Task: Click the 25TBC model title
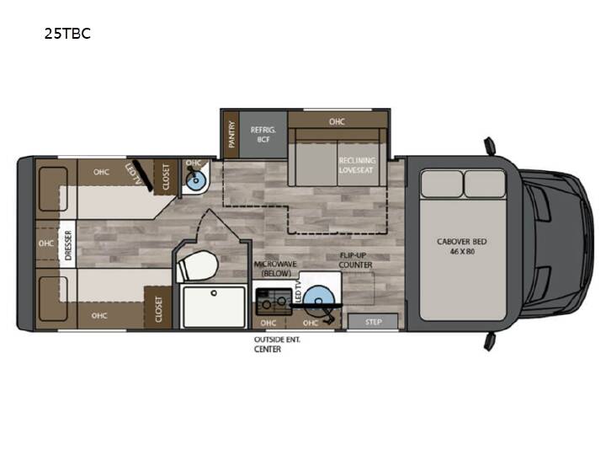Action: coord(67,34)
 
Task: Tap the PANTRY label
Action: coord(231,134)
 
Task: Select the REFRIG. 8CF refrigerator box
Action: coord(263,135)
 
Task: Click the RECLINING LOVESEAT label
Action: coord(357,165)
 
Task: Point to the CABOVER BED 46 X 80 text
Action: coord(462,246)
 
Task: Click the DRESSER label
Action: coord(68,245)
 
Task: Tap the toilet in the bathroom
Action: coord(197,265)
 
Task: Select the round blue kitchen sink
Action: coord(318,301)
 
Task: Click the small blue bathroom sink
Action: coord(195,179)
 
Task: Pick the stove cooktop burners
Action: coord(274,302)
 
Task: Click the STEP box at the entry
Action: coord(373,322)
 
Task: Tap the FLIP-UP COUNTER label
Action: coord(355,260)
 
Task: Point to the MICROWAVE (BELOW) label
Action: coord(275,269)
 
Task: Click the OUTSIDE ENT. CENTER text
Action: coord(277,345)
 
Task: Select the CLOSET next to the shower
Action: coord(157,308)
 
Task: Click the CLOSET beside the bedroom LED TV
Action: coord(166,177)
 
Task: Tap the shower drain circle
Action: coord(214,293)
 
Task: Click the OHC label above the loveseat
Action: coord(337,121)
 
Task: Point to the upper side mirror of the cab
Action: coord(491,147)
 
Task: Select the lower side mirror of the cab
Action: coord(490,341)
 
